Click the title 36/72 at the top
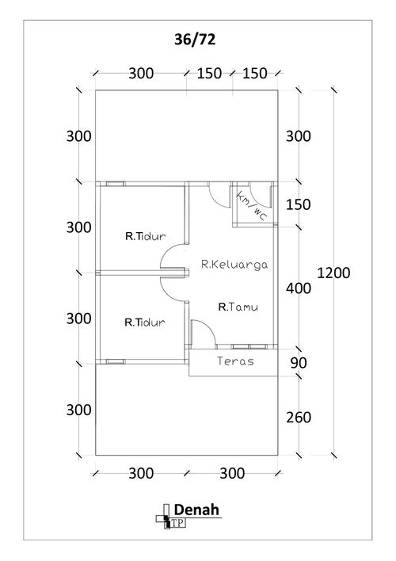(195, 40)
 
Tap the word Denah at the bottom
(196, 509)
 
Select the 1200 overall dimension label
(333, 273)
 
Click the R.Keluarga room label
(234, 265)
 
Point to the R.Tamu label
(238, 307)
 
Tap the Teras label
(235, 361)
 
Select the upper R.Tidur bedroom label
(145, 236)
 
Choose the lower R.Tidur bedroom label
(144, 322)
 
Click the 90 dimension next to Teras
(299, 363)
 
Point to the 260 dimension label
(299, 418)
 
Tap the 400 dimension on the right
(299, 288)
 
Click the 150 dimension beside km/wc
(299, 204)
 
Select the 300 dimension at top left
(141, 74)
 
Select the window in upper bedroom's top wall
(115, 184)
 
